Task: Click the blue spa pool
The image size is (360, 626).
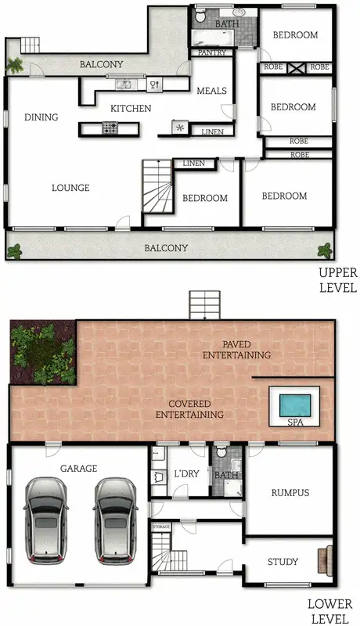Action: [x=294, y=405]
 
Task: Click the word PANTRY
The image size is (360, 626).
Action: [x=212, y=53]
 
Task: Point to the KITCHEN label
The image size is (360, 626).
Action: [x=131, y=108]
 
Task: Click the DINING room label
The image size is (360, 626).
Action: [x=41, y=117]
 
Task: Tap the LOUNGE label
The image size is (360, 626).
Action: [x=70, y=188]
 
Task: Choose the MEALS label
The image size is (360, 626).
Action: [x=211, y=92]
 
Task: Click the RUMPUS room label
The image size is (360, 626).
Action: [x=290, y=493]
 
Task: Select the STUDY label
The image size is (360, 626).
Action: [x=283, y=561]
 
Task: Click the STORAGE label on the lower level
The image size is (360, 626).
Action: [x=161, y=527]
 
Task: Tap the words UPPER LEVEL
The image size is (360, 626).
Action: [x=337, y=280]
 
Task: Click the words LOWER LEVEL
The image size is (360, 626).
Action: [x=329, y=611]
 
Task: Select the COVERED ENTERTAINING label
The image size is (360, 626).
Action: [x=190, y=408]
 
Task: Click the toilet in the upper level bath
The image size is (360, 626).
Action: [x=201, y=16]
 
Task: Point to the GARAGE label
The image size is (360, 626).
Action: [x=79, y=468]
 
